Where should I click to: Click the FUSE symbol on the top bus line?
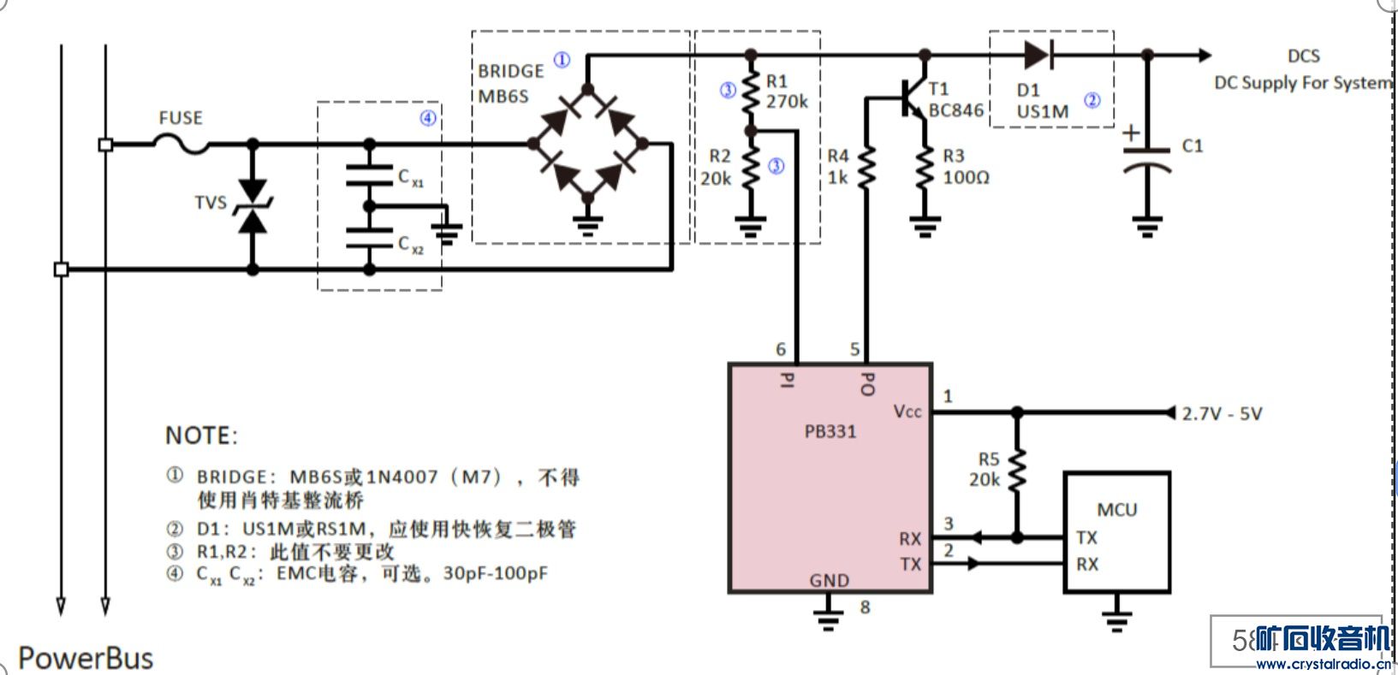pyautogui.click(x=181, y=146)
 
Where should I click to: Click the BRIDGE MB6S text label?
pyautogui.click(x=510, y=83)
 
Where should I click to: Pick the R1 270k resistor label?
pyautogui.click(x=786, y=92)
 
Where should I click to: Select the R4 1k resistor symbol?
pyautogui.click(x=866, y=168)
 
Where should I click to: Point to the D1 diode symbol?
pyautogui.click(x=1038, y=56)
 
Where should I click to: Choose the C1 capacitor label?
pyautogui.click(x=1193, y=146)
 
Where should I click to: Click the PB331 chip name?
pyautogui.click(x=830, y=431)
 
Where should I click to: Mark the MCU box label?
pyautogui.click(x=1116, y=510)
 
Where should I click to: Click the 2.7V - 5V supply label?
pyautogui.click(x=1222, y=414)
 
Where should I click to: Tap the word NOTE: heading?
pyautogui.click(x=201, y=436)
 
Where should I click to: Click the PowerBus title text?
pyautogui.click(x=86, y=658)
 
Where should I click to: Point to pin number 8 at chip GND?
pyautogui.click(x=865, y=607)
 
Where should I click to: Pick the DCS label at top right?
pyautogui.click(x=1303, y=56)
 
